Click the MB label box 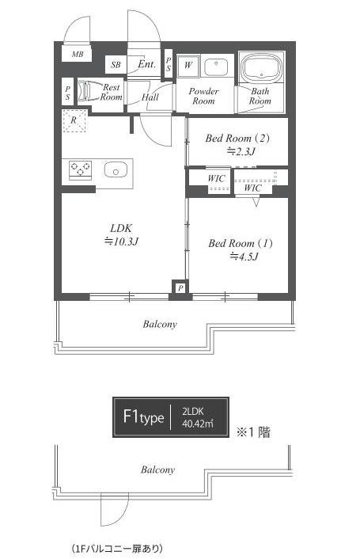coord(78,54)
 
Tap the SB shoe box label coord(116,65)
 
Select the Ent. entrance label coord(146,64)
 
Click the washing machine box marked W coord(188,66)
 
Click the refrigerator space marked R coord(74,120)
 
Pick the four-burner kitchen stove coord(80,169)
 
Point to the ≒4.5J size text coord(241,257)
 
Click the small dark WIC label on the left coord(216,178)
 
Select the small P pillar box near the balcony coord(180,288)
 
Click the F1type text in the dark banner coord(143,417)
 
